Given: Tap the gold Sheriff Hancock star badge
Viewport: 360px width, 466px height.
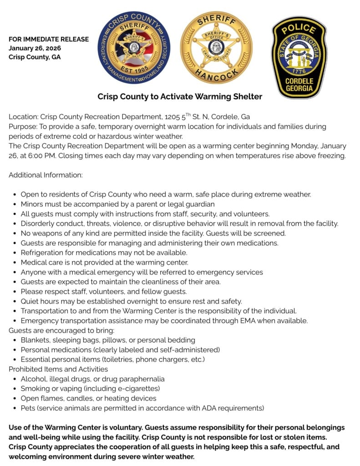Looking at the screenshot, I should point(216,48).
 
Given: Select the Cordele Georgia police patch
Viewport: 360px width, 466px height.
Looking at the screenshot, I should point(299,57).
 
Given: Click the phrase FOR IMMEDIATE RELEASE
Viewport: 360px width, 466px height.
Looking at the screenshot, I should point(49,39).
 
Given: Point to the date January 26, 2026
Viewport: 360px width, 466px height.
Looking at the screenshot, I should point(35,48).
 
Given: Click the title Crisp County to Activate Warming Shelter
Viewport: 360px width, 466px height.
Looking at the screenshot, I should point(180,96).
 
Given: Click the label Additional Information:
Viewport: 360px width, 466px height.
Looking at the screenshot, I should point(46,175).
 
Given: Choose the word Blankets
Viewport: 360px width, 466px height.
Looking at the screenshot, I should point(35,340).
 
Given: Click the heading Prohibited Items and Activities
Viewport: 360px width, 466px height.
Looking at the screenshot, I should point(58,369).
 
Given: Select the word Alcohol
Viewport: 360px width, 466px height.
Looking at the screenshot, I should point(33,379).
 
